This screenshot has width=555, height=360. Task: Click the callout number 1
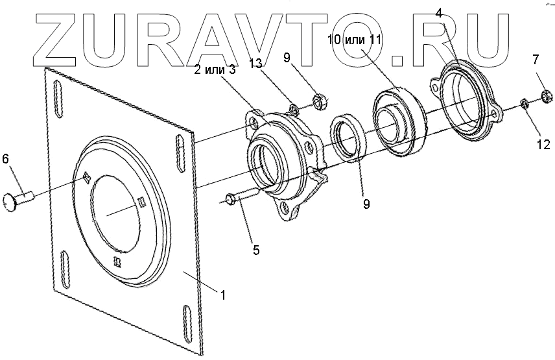pyautogui.click(x=223, y=294)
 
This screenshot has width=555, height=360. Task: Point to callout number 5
pyautogui.click(x=256, y=249)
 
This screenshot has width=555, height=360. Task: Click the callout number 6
pyautogui.click(x=6, y=159)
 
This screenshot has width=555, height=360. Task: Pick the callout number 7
pyautogui.click(x=536, y=60)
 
